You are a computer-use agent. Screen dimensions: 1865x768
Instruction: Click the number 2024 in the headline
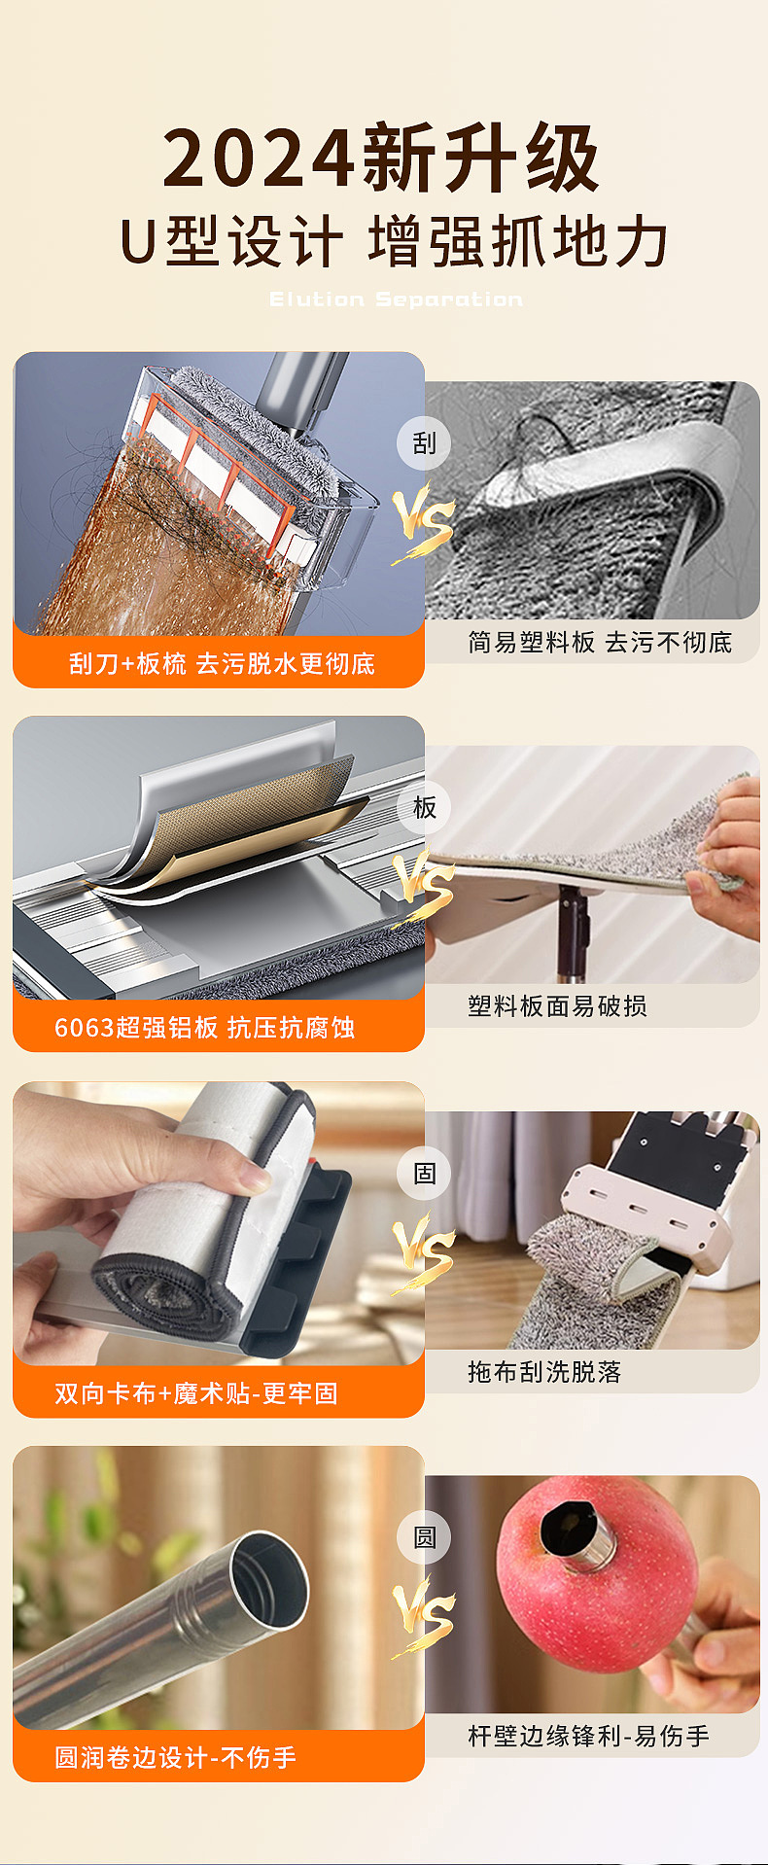259,158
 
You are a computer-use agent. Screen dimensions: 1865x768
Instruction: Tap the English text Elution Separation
396,299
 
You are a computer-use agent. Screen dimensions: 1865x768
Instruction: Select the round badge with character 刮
424,443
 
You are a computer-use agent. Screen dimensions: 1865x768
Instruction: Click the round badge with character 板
424,808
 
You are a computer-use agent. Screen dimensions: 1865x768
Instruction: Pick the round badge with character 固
424,1174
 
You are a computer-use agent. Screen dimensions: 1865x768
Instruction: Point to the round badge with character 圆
424,1537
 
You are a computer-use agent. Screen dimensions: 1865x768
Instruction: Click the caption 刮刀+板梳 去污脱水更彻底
222,664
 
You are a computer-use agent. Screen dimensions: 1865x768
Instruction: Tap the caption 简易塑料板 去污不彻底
599,643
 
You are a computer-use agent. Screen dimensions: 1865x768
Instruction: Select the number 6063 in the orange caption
85,1028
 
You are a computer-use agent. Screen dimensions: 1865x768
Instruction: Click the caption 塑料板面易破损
557,1006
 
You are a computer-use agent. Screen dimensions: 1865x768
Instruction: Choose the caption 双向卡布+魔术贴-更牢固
196,1393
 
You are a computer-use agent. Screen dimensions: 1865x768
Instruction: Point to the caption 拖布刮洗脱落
543,1372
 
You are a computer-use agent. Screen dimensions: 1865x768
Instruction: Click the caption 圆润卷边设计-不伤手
175,1757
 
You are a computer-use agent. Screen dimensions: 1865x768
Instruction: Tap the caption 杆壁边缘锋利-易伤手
588,1736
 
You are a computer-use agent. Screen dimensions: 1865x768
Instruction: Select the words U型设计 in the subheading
231,242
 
